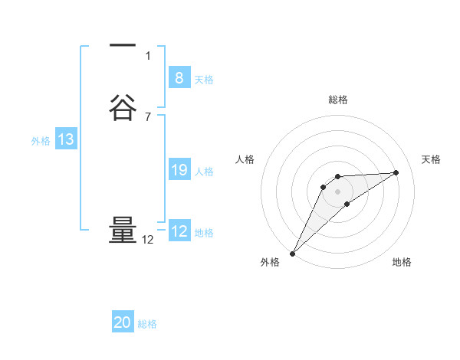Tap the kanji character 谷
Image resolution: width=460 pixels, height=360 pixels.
pyautogui.click(x=123, y=107)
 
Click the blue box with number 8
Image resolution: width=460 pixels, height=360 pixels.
pyautogui.click(x=179, y=77)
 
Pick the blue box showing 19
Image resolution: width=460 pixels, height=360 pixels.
pyautogui.click(x=179, y=170)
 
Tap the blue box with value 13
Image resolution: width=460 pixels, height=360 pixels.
pyautogui.click(x=66, y=139)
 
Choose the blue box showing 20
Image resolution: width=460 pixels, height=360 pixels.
pyautogui.click(x=123, y=322)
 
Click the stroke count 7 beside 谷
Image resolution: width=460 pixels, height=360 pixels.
pyautogui.click(x=148, y=116)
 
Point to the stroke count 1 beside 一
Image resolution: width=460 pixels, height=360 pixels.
pyautogui.click(x=148, y=55)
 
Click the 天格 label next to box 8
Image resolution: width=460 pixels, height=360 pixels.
pyautogui.click(x=204, y=80)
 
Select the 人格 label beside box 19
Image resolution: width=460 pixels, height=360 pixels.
pyautogui.click(x=204, y=172)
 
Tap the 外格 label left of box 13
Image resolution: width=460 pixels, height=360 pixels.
pyautogui.click(x=41, y=141)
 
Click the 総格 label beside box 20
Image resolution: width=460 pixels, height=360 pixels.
pyautogui.click(x=147, y=325)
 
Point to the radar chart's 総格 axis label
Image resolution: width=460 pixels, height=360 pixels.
pyautogui.click(x=338, y=100)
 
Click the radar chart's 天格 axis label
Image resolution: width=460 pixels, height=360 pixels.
pyautogui.click(x=432, y=159)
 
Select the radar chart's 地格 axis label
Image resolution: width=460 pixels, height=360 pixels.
pyautogui.click(x=402, y=262)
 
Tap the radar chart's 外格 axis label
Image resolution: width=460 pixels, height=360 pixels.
pyautogui.click(x=270, y=262)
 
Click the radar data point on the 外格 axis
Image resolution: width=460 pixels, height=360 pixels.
pyautogui.click(x=292, y=254)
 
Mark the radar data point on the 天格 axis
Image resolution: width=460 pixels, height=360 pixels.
pyautogui.click(x=396, y=172)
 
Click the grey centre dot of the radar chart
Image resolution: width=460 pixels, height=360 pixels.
pyautogui.click(x=338, y=191)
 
